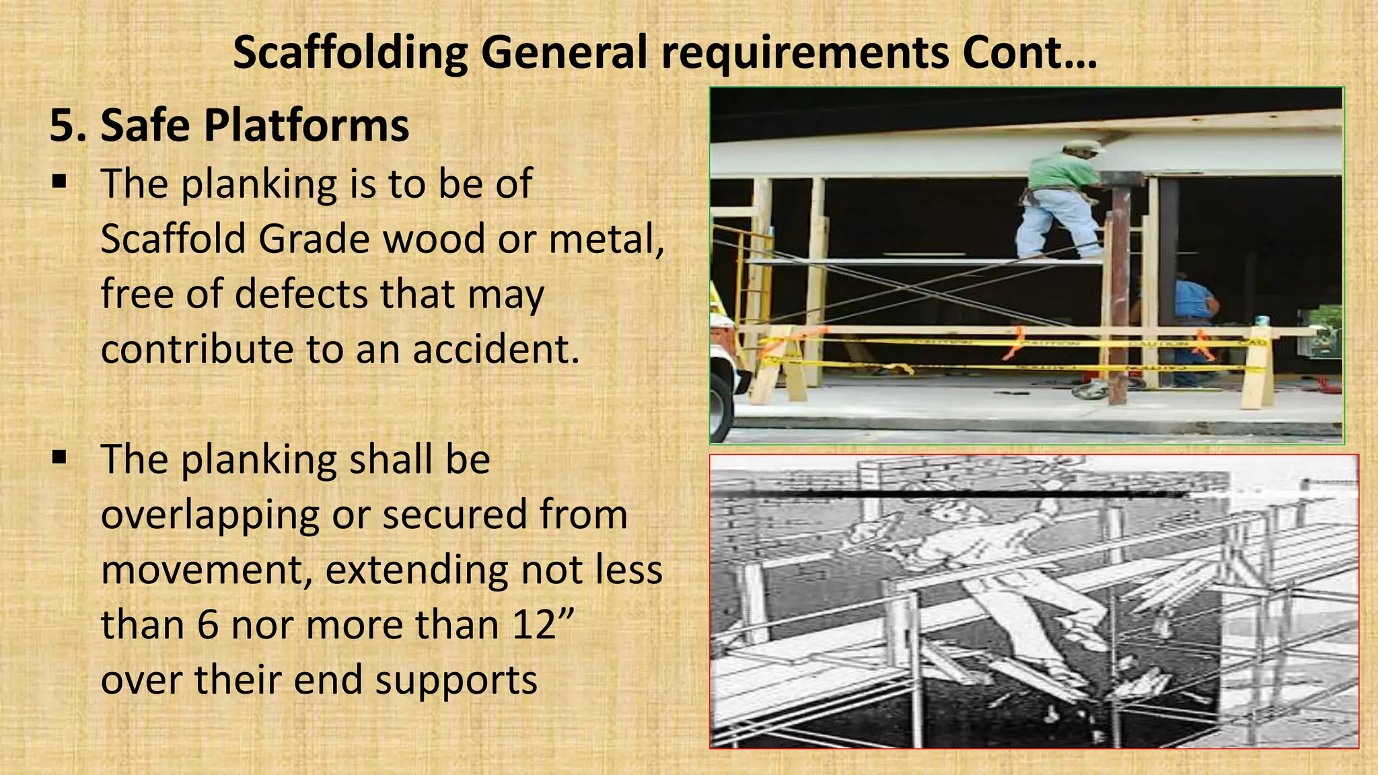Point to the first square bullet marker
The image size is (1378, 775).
[59, 182]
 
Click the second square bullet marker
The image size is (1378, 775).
[59, 458]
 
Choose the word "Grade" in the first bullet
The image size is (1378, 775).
[314, 239]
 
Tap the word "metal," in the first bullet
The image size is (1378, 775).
[606, 239]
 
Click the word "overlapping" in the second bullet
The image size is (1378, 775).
[209, 515]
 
